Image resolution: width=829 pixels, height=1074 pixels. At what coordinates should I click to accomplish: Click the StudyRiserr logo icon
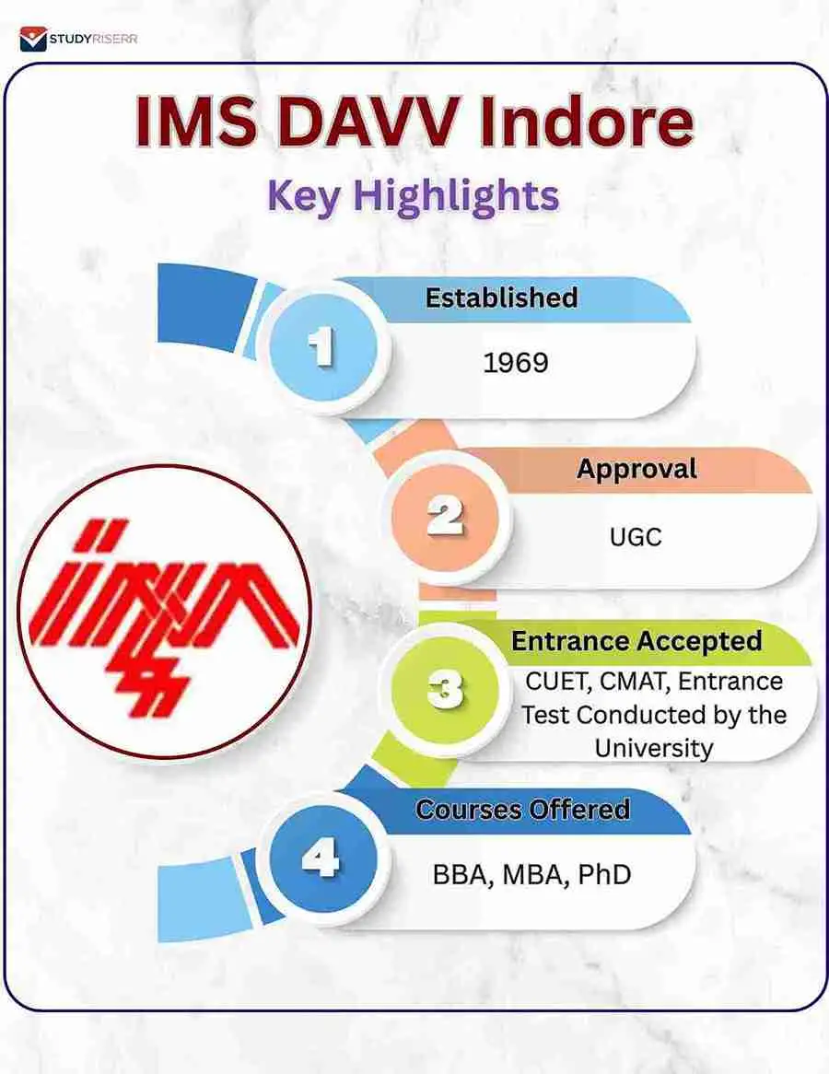(32, 40)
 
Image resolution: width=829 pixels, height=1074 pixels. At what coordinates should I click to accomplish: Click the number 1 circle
(321, 349)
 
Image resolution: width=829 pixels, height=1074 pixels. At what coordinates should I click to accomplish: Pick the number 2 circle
(446, 519)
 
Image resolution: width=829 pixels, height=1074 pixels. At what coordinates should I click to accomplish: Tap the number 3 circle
(446, 689)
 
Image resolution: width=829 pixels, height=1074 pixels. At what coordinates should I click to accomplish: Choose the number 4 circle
(322, 861)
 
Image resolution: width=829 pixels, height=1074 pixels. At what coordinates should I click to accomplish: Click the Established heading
(501, 298)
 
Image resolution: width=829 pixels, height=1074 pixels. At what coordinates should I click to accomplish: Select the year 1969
(515, 362)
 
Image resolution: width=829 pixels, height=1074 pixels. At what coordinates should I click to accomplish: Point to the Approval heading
(636, 469)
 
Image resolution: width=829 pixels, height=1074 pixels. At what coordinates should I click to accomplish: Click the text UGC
(636, 535)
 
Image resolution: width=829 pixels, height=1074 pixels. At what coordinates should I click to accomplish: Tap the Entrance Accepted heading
(636, 641)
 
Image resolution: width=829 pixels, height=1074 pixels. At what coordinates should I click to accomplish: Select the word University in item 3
(653, 747)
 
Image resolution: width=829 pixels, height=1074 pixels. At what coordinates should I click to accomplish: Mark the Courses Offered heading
(522, 810)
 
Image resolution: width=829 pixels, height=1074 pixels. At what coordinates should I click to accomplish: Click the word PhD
(604, 874)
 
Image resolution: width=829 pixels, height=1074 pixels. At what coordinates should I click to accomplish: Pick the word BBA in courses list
(461, 874)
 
